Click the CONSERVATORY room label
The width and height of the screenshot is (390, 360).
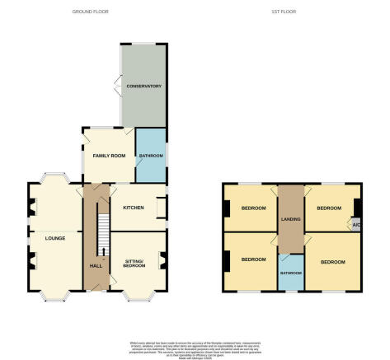click(143, 86)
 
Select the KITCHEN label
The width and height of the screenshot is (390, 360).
click(134, 207)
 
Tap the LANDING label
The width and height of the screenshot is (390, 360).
click(289, 218)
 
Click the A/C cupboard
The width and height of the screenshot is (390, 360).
click(355, 225)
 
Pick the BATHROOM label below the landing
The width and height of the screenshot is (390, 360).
click(289, 273)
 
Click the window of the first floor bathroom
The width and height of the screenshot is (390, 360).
click(289, 291)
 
